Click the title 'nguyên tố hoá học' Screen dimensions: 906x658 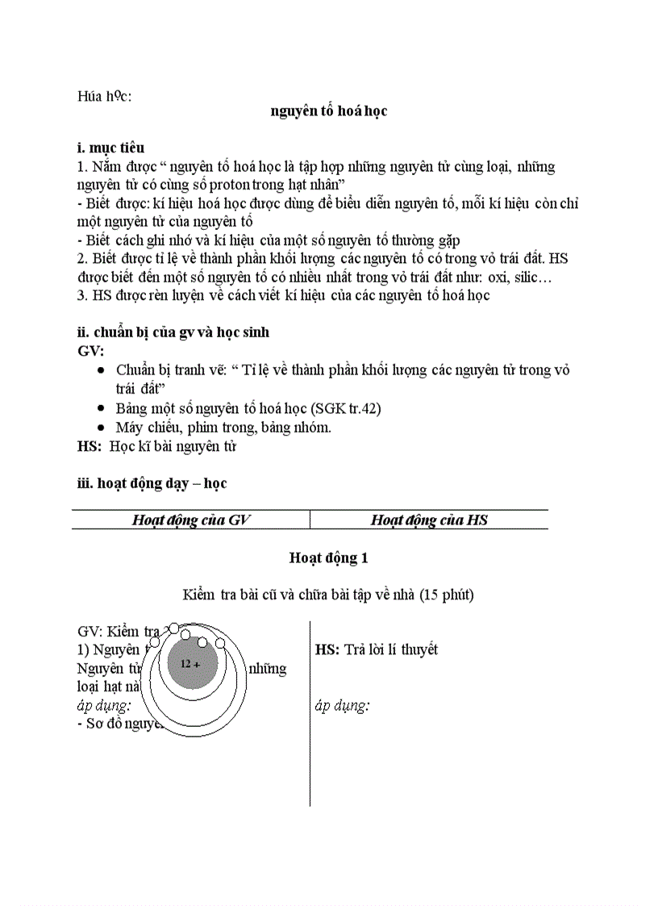328,111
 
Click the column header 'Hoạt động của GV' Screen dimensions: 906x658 191,520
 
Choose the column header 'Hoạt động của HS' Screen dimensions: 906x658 429,520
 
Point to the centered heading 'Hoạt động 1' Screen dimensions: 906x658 328,557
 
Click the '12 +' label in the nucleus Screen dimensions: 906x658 190,664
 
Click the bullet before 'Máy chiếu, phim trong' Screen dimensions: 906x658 99,428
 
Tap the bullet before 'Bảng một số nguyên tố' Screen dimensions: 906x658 99,409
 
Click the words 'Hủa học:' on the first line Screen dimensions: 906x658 104,96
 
